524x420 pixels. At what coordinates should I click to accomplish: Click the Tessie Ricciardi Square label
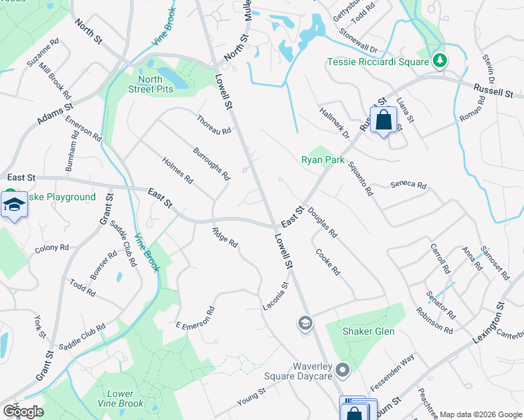378,62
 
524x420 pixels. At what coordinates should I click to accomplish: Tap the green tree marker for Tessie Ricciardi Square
439,61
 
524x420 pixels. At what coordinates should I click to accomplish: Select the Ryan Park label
323,160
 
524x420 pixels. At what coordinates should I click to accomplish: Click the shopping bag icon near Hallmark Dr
383,120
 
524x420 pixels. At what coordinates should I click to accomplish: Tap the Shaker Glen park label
368,331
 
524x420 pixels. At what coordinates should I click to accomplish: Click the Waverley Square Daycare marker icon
343,369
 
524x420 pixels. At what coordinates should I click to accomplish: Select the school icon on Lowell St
305,323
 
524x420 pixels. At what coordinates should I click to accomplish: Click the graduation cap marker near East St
13,205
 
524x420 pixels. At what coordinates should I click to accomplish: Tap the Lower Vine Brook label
125,399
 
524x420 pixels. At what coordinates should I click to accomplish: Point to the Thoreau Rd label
214,126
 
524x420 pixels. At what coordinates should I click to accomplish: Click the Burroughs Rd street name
212,163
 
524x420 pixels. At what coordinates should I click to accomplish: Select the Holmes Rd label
177,170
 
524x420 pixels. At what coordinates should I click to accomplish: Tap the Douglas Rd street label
322,222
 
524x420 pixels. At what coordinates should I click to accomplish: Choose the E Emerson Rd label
195,318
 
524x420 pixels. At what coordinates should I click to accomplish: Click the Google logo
22,412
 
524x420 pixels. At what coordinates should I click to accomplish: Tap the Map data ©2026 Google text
480,414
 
